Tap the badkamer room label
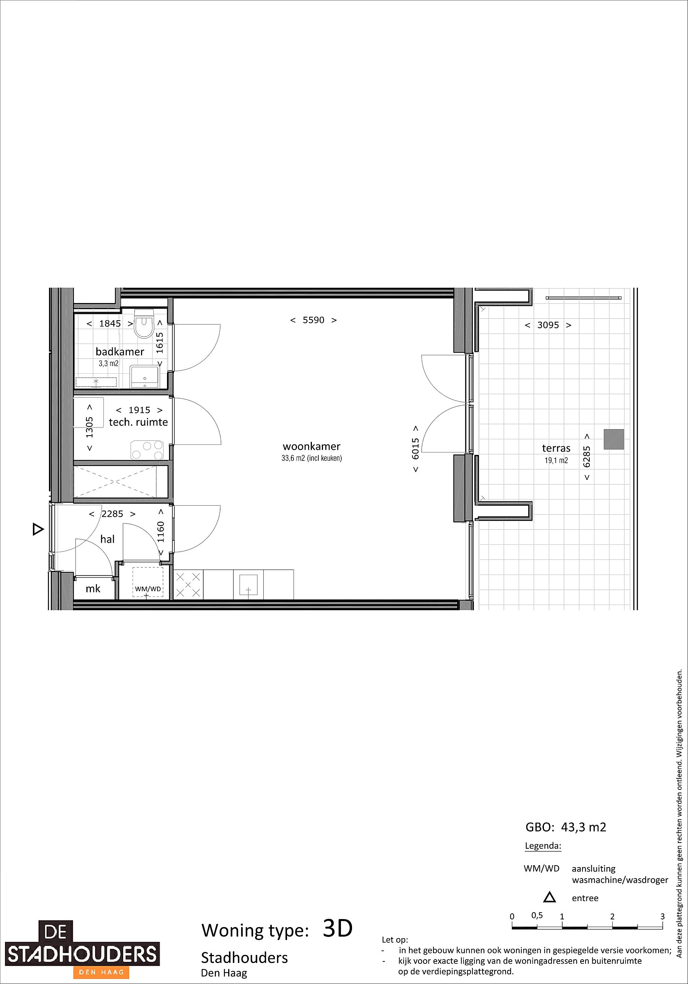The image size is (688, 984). [120, 352]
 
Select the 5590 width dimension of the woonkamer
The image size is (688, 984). [313, 320]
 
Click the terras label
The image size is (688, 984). [556, 448]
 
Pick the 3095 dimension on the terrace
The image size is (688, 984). [548, 325]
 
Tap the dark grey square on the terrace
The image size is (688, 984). [614, 439]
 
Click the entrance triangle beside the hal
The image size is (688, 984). [38, 530]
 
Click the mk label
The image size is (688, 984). [93, 589]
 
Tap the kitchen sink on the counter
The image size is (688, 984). [248, 585]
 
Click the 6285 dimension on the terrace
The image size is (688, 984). [587, 457]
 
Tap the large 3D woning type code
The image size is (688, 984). [338, 929]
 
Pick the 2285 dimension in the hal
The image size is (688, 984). [112, 514]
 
